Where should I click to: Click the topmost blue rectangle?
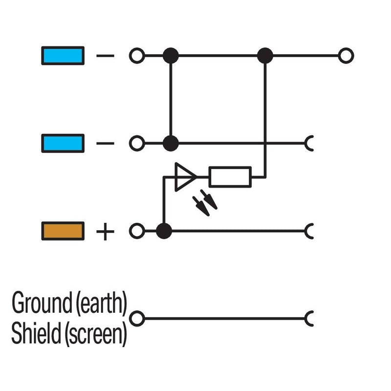click(x=63, y=56)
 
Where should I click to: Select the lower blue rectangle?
click(x=63, y=143)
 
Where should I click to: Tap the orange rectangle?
click(x=63, y=231)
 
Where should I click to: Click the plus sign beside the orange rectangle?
click(x=105, y=231)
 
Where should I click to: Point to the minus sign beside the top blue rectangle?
click(x=105, y=56)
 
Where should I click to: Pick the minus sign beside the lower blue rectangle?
click(x=105, y=143)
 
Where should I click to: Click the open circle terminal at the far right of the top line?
click(x=346, y=56)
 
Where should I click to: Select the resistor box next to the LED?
click(x=230, y=177)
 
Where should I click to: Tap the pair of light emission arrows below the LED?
click(x=205, y=203)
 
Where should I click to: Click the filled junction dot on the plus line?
click(x=164, y=231)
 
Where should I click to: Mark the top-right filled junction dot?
click(x=265, y=56)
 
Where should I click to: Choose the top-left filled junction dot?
click(x=171, y=56)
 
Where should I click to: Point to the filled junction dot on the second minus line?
click(x=171, y=143)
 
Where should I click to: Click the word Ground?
click(x=42, y=303)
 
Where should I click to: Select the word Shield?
click(x=36, y=333)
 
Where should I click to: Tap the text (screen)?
click(x=96, y=334)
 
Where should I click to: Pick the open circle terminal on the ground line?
click(x=137, y=319)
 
